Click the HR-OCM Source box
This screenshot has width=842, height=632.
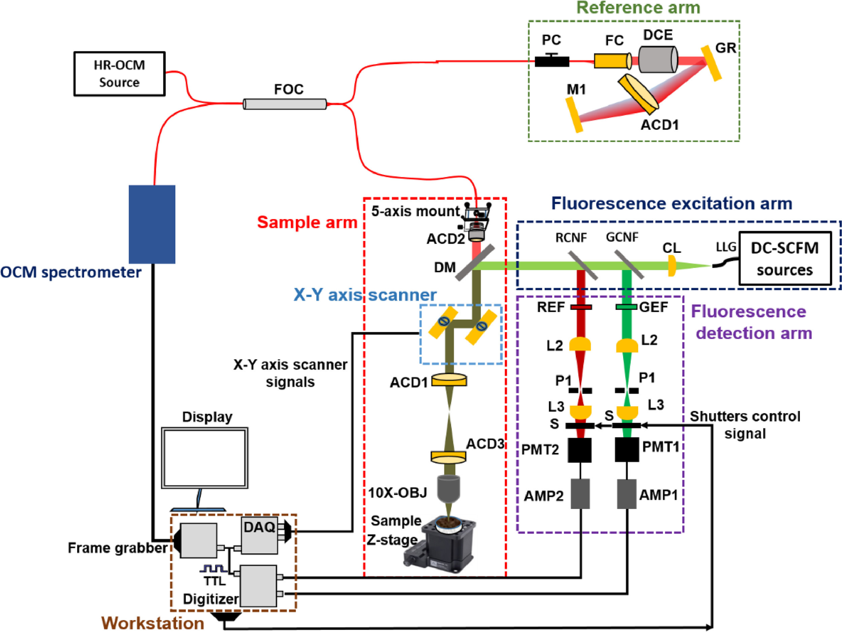119,74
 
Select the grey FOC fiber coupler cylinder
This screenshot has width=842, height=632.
285,104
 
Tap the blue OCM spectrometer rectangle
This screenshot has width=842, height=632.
152,224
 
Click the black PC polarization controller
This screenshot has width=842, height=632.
552,61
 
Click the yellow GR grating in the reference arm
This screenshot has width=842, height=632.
711,63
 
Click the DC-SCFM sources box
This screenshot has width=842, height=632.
785,259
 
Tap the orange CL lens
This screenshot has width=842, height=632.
671,266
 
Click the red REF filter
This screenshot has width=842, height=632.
581,307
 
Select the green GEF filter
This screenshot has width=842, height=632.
626,307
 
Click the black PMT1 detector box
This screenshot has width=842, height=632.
627,449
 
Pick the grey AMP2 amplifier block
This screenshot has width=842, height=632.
580,494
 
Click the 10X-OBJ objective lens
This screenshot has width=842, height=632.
448,488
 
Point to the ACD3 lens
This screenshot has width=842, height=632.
448,457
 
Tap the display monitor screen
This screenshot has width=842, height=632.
204,458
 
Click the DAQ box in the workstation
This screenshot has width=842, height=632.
260,535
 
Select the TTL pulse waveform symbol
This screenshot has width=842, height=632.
214,568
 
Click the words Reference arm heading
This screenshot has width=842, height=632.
638,8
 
